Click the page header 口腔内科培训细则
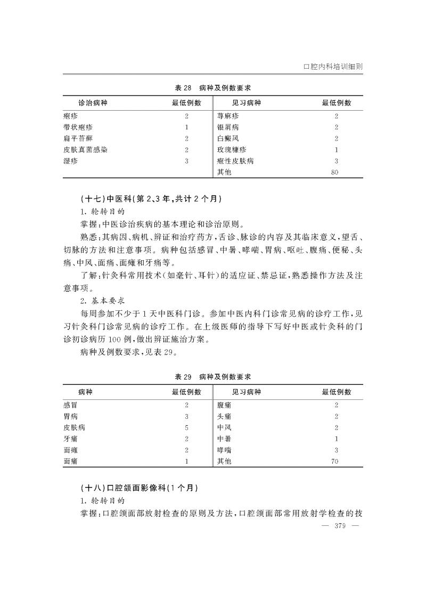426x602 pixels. [x=333, y=68]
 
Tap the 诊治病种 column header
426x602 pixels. [x=93, y=103]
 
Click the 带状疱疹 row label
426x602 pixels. [x=74, y=127]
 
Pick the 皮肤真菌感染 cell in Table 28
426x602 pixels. [x=85, y=150]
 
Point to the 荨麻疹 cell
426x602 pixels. [x=228, y=116]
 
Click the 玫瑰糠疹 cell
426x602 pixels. [x=232, y=150]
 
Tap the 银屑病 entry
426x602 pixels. [x=228, y=127]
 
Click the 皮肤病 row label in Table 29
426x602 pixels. [x=74, y=427]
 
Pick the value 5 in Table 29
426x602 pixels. [x=186, y=427]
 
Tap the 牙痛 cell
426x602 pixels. [x=70, y=439]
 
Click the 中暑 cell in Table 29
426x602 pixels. [x=224, y=439]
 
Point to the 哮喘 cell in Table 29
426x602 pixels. [x=224, y=450]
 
